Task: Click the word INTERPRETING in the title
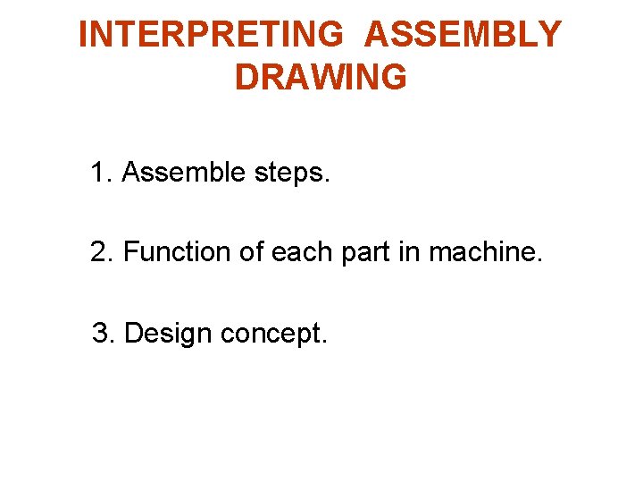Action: pyautogui.click(x=211, y=35)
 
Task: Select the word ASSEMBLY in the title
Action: pyautogui.click(x=463, y=35)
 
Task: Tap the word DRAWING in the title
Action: pyautogui.click(x=321, y=78)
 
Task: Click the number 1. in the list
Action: pyautogui.click(x=101, y=172)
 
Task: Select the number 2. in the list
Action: pyautogui.click(x=102, y=252)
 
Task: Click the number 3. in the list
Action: pyautogui.click(x=104, y=334)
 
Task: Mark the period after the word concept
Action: pyautogui.click(x=325, y=343)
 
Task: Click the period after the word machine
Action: pyautogui.click(x=539, y=261)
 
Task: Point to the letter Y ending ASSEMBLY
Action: pyautogui.click(x=548, y=35)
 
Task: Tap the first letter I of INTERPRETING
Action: pyautogui.click(x=83, y=35)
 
